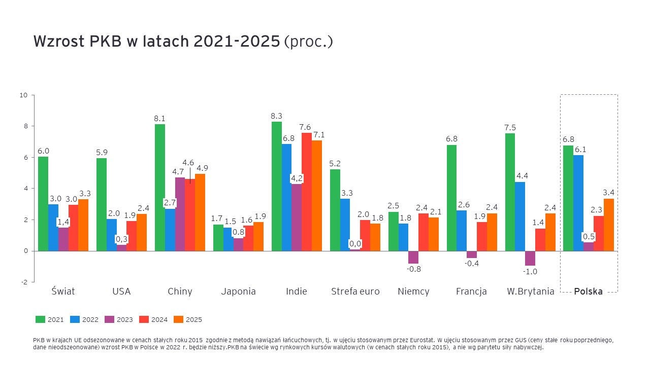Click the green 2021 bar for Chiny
coord(159,188)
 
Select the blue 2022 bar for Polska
coord(578,203)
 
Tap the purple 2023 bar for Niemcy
coord(413,257)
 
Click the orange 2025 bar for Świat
coord(83,225)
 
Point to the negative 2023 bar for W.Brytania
coord(530,258)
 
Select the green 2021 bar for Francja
coord(451,198)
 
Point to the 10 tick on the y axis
coord(23,95)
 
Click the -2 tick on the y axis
coord(24,282)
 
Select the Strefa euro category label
coord(355,291)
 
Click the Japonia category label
coord(238,291)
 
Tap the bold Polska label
coord(588,291)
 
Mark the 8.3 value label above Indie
coord(276,116)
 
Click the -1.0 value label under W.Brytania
coord(530,272)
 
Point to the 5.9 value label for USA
coord(101,152)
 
